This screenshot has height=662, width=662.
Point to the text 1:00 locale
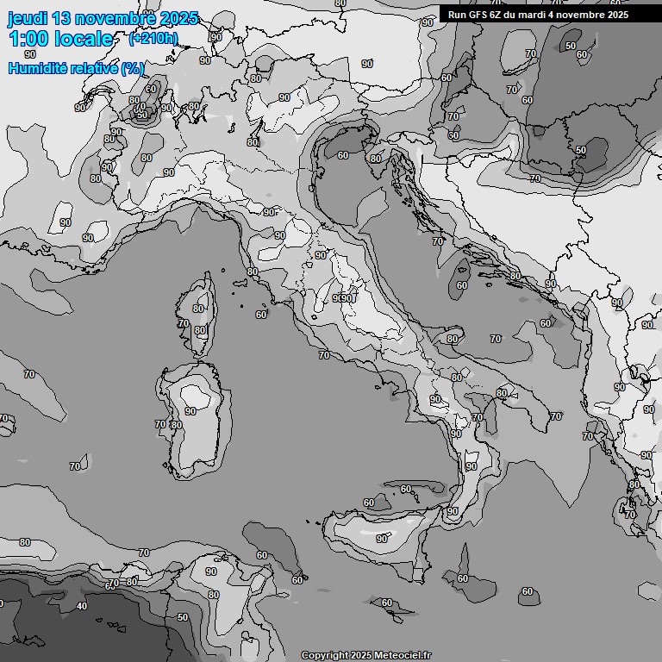(60, 39)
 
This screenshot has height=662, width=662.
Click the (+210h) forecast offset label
(153, 39)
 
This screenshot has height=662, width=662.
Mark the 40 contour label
(82, 606)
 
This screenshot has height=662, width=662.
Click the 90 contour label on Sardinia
(190, 411)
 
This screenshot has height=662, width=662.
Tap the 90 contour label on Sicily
(382, 539)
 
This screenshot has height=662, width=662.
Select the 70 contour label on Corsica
(184, 323)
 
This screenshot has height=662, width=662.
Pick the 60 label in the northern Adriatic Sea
(343, 155)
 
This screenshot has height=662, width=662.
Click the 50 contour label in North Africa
(182, 617)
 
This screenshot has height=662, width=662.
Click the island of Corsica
(197, 315)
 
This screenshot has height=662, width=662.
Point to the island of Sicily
(379, 530)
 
